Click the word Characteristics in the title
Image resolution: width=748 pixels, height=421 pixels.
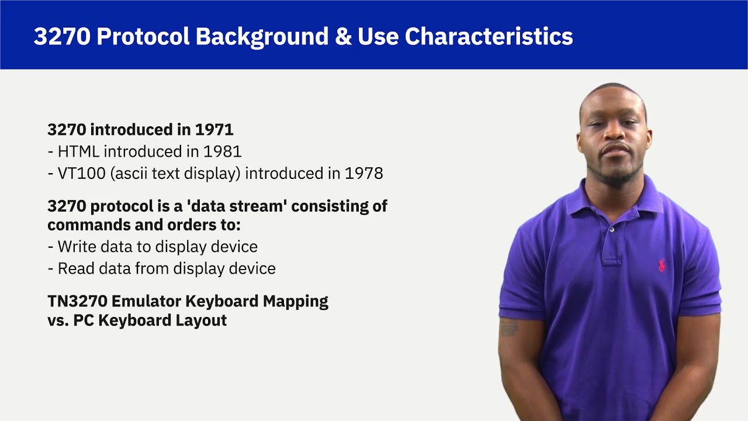point(489,36)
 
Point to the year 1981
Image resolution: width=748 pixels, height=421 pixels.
point(222,151)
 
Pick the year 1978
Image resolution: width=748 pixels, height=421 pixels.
point(363,173)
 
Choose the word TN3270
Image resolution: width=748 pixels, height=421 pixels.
point(77,301)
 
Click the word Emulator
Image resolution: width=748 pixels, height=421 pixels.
point(146,301)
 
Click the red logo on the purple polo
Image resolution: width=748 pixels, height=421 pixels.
point(661,265)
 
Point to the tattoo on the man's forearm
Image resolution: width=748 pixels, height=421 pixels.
point(509,327)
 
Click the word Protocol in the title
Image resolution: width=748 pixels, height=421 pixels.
point(143,36)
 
